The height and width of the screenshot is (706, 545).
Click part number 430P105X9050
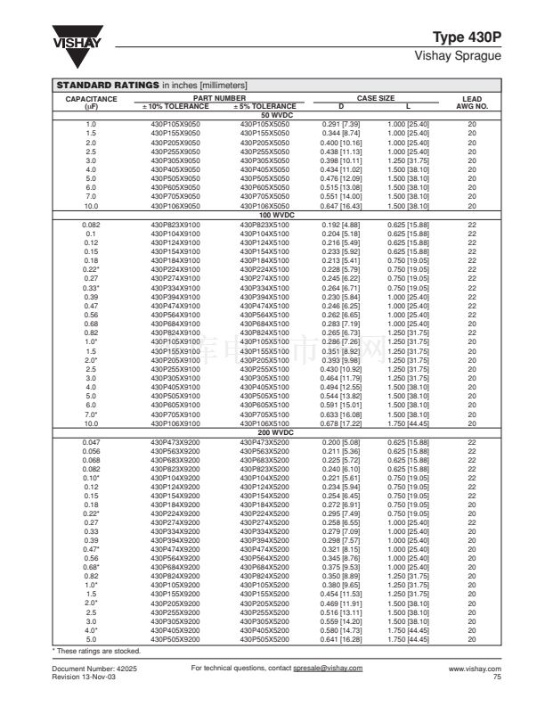point(175,123)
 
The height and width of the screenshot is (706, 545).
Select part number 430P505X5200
point(264,639)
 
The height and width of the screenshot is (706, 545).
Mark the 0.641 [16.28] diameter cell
point(338,639)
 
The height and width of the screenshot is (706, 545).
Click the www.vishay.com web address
point(475,668)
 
